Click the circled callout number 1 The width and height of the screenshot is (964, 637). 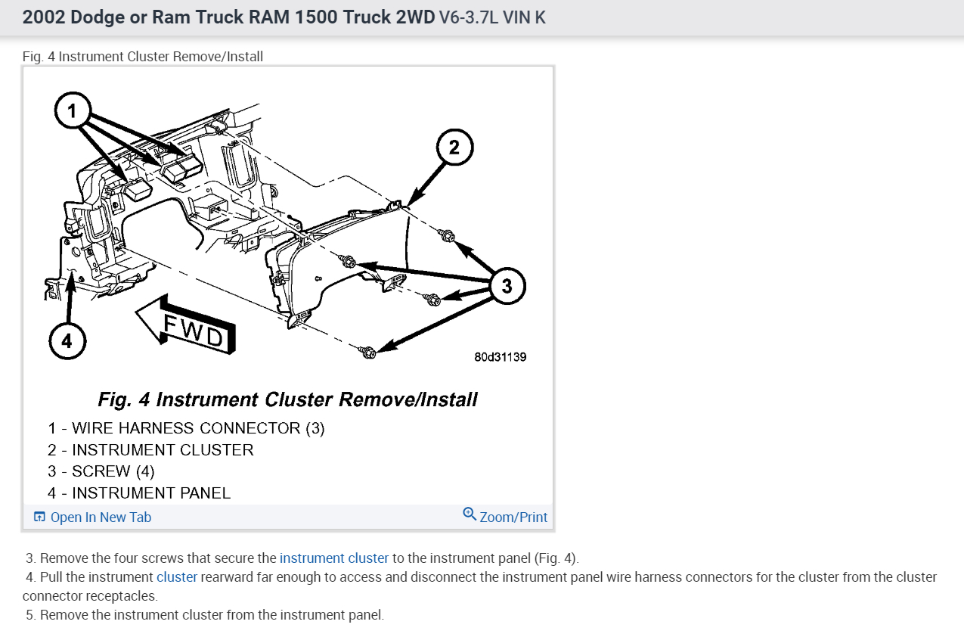[x=73, y=112]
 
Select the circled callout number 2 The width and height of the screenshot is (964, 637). [x=454, y=148]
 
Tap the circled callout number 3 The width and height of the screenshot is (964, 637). [x=507, y=286]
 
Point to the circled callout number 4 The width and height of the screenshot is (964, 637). [x=67, y=341]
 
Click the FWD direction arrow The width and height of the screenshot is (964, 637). [x=185, y=324]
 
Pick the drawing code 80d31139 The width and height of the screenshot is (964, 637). [x=500, y=356]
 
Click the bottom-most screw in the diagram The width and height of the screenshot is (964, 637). [x=368, y=352]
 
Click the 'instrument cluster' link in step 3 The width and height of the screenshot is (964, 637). [x=333, y=558]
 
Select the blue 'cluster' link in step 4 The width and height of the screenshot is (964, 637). [x=177, y=577]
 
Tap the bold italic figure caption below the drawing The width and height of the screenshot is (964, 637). [x=287, y=399]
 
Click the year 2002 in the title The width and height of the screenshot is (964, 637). [x=43, y=17]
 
